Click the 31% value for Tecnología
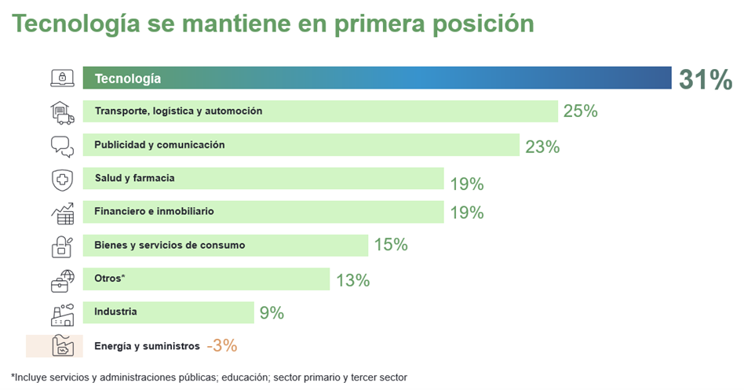pyautogui.click(x=706, y=80)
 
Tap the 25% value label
pyautogui.click(x=580, y=111)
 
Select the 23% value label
pyautogui.click(x=542, y=146)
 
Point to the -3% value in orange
pyautogui.click(x=221, y=345)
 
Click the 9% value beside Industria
pyautogui.click(x=272, y=313)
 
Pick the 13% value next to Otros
pyautogui.click(x=352, y=279)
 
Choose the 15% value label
pyautogui.click(x=391, y=245)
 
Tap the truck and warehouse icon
pyautogui.click(x=62, y=112)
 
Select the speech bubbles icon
pyautogui.click(x=62, y=146)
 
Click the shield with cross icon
pyautogui.click(x=62, y=180)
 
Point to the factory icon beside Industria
pyautogui.click(x=62, y=313)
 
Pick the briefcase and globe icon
pyautogui.click(x=62, y=279)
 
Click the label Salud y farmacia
pyautogui.click(x=134, y=178)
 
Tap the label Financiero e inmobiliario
pyautogui.click(x=154, y=211)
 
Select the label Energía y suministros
pyautogui.click(x=147, y=345)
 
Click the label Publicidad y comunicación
pyautogui.click(x=159, y=144)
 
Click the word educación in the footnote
pyautogui.click(x=244, y=377)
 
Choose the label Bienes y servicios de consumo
pyautogui.click(x=170, y=245)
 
